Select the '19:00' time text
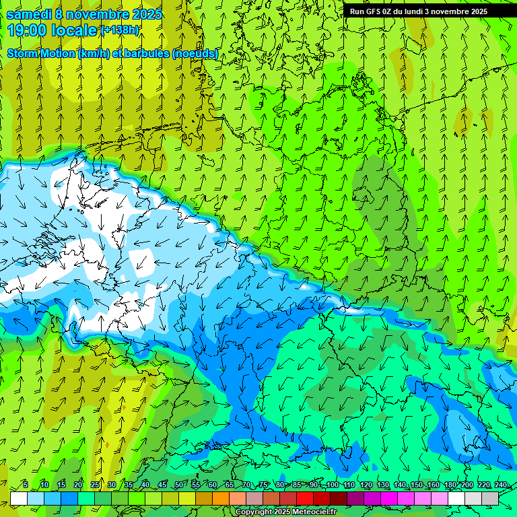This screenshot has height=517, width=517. coord(28,30)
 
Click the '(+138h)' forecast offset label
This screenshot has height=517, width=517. coord(120,30)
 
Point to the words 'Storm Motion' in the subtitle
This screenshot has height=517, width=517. coord(41,53)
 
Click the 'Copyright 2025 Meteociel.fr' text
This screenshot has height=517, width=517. coord(286,512)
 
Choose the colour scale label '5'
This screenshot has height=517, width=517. coord(26,485)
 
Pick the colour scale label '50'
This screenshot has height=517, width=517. coord(179,485)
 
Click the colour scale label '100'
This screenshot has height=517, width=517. coord(332,485)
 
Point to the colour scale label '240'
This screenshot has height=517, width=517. coord(501,485)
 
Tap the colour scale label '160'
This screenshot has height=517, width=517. coord(433,485)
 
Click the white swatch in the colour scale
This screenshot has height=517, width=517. coord(19,498)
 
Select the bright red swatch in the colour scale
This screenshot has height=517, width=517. coord(305,498)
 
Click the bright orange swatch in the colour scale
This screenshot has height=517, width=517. coord(221,498)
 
